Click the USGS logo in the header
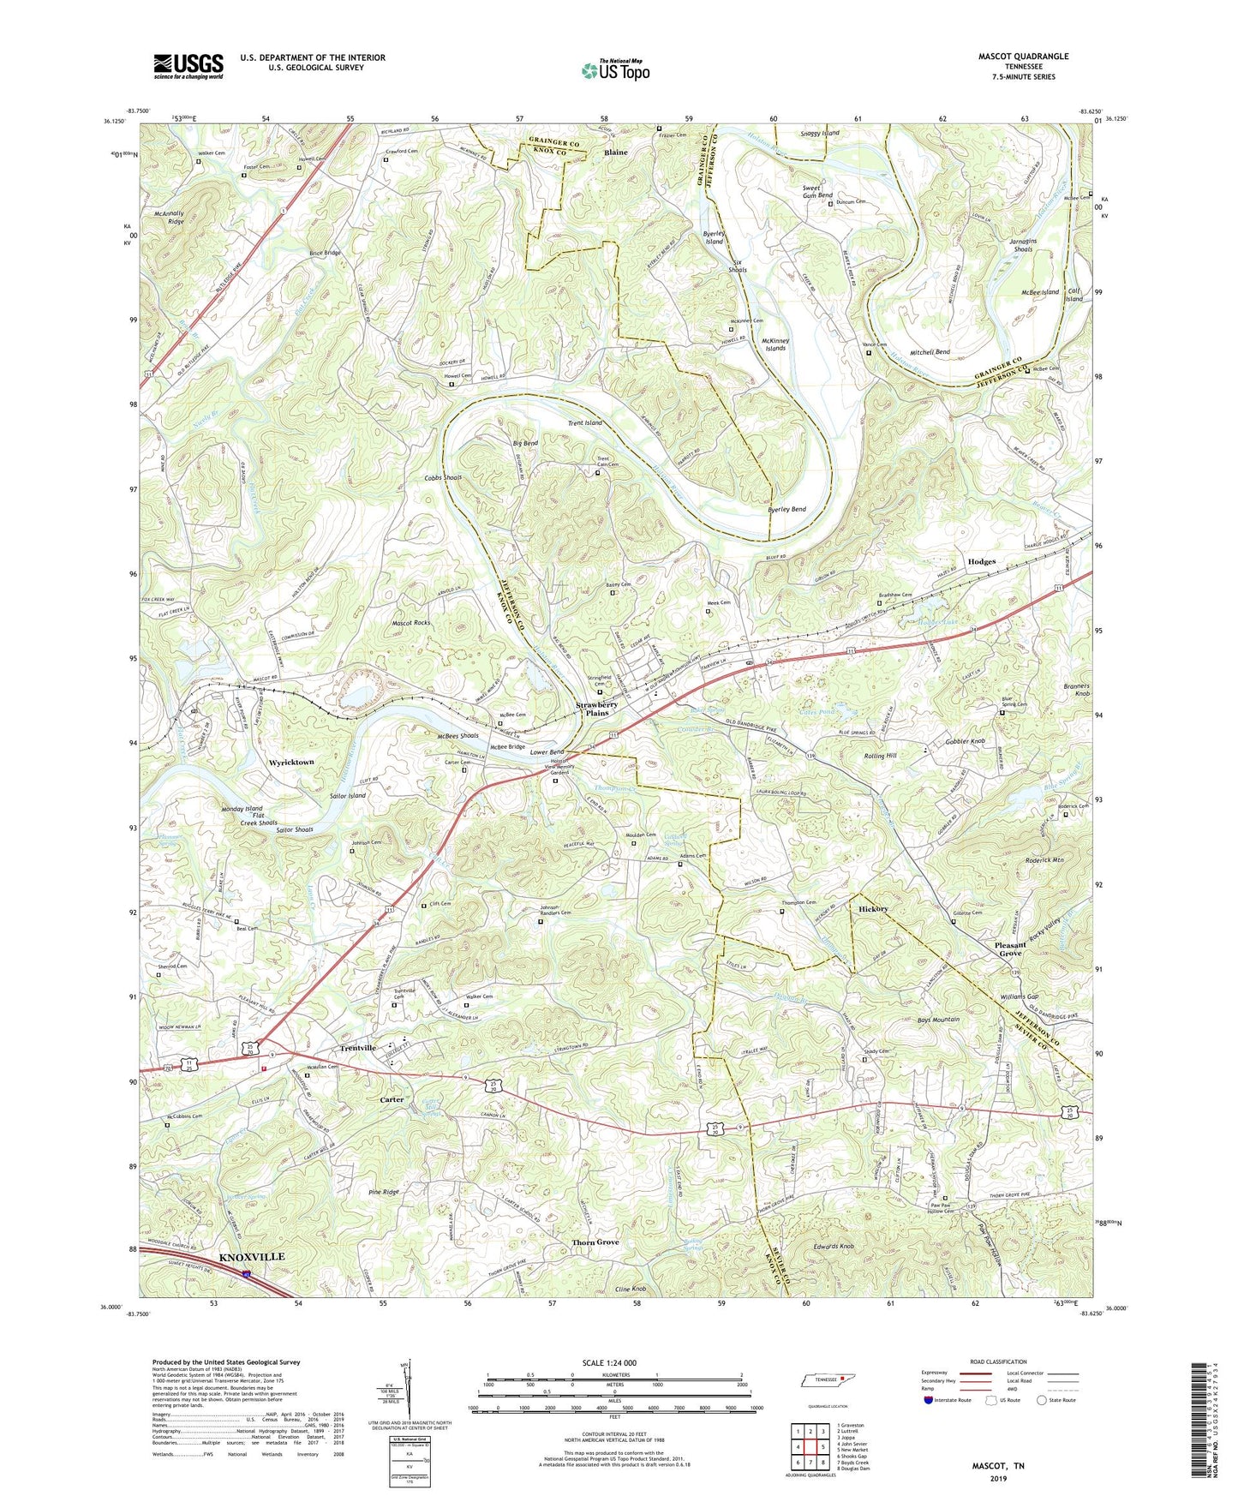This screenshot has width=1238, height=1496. pos(188,65)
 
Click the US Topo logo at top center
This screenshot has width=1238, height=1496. pos(614,70)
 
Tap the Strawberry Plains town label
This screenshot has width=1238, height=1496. pos(597,709)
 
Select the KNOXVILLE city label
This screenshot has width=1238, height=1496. pos(252,1256)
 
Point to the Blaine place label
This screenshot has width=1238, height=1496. pos(615,153)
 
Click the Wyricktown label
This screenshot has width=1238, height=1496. pos(291,762)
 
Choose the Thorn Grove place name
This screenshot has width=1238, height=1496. pos(595,1242)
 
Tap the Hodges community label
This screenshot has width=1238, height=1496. pos(981,561)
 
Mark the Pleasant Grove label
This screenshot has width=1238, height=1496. pos(1009,949)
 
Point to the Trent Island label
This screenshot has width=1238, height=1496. pos(584,422)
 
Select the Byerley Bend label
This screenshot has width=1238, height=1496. pos(786,509)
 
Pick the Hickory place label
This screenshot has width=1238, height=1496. pos(873,908)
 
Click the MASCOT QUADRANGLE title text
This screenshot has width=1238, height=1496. pos(1023,57)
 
